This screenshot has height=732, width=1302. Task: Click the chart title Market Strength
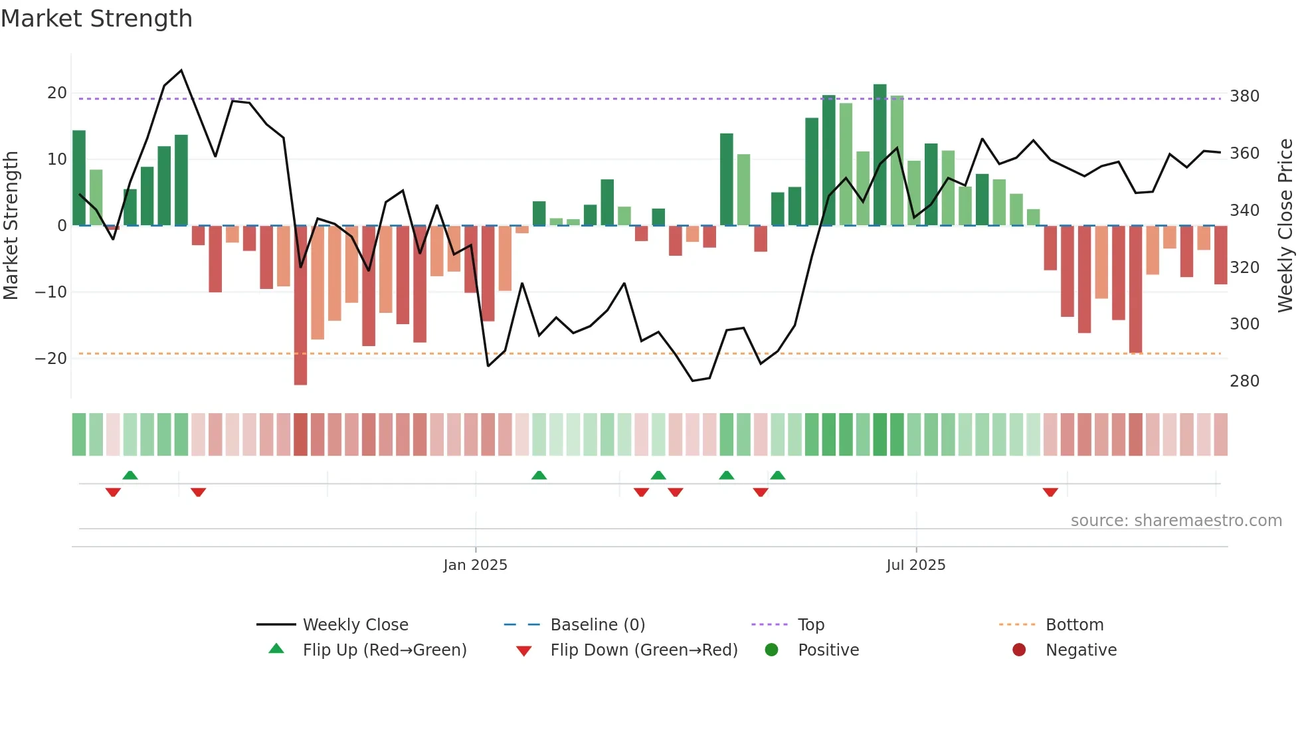[96, 19]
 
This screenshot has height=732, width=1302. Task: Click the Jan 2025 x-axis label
[475, 565]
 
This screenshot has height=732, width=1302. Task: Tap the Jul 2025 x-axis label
[915, 565]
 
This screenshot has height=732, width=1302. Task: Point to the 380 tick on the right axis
[1244, 96]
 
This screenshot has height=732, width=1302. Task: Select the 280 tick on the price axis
[1244, 381]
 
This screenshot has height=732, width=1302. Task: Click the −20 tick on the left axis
[50, 359]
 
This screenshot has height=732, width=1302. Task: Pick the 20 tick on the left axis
[57, 93]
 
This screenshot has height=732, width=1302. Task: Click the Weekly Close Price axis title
[1285, 226]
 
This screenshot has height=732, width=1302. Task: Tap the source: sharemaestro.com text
[1176, 521]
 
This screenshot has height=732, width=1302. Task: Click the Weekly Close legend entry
[355, 625]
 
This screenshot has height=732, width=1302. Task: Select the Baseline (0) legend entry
[597, 625]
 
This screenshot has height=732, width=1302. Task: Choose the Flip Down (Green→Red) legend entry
[643, 650]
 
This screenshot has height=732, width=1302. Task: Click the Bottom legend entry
[1074, 625]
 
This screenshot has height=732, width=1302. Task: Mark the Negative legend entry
[1081, 650]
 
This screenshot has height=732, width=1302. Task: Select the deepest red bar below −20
[300, 306]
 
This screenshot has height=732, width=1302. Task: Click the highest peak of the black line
[181, 70]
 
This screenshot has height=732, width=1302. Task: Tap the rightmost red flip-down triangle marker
[1050, 492]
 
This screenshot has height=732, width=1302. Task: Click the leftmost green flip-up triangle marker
[130, 475]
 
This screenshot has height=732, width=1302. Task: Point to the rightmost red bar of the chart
[1220, 255]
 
